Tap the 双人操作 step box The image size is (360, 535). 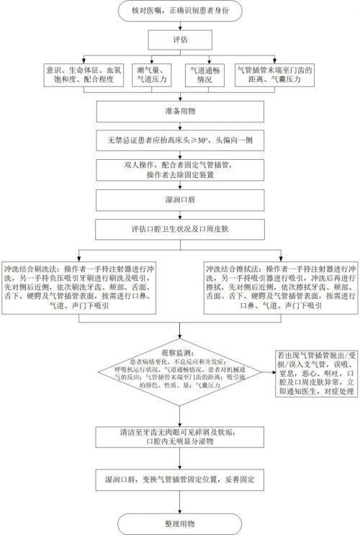pyautogui.click(x=179, y=170)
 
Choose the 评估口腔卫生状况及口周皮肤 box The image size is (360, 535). pyautogui.click(x=179, y=230)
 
